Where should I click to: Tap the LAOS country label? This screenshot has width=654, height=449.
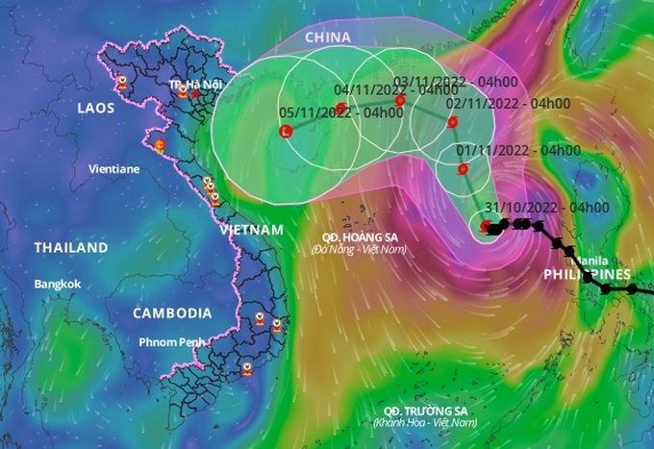tap(95, 108)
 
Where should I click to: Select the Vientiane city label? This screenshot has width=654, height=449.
tap(114, 168)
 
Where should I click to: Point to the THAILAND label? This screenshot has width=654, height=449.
tap(71, 248)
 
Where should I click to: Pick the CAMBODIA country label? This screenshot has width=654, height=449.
tap(172, 313)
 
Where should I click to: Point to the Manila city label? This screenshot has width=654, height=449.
tap(590, 261)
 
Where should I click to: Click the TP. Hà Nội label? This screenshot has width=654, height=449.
tap(189, 86)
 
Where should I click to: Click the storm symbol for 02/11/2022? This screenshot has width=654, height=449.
tap(453, 121)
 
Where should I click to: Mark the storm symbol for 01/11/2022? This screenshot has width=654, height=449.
tap(464, 169)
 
